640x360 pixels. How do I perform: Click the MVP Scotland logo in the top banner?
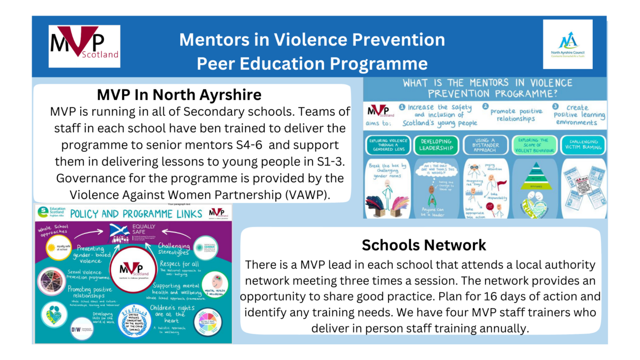click(84, 46)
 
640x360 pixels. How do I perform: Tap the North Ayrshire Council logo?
click(567, 44)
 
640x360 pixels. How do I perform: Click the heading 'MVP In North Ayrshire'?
click(179, 95)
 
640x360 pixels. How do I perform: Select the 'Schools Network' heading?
click(424, 245)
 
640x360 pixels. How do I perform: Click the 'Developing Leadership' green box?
click(436, 145)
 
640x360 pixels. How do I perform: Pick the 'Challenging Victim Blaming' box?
click(583, 145)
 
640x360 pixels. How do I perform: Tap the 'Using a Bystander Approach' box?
click(485, 145)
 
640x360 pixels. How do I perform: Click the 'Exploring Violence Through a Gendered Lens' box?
click(388, 145)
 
